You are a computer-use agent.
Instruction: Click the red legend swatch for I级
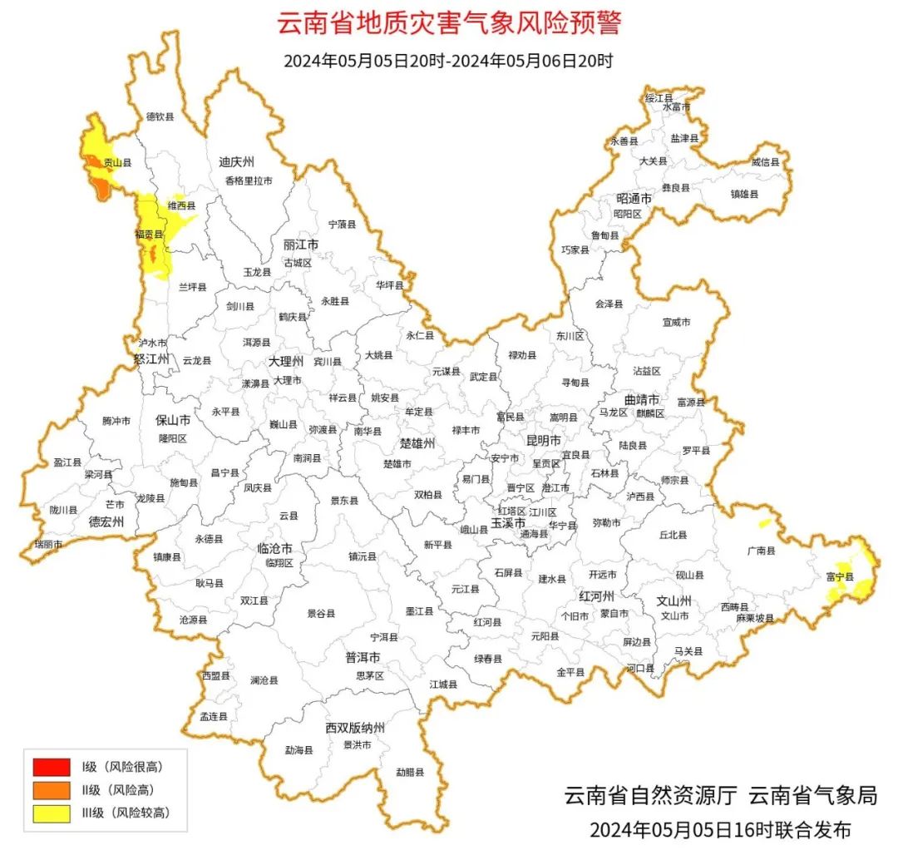coord(51,766)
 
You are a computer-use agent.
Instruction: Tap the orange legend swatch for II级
coord(51,790)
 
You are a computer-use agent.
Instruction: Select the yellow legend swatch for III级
coord(51,813)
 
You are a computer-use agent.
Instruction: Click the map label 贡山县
coord(117,164)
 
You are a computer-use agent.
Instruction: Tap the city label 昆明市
coord(543,440)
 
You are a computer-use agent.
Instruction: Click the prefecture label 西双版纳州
coord(356,728)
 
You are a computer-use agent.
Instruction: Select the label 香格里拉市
coord(248,180)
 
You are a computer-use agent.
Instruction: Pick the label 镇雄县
coord(745,193)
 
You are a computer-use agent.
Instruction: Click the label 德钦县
coord(160,117)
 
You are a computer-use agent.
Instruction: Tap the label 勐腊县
coord(409,773)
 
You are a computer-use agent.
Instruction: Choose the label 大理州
coord(286,362)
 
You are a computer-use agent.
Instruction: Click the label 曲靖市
coord(641,398)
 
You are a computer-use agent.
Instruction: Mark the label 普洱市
coord(363,657)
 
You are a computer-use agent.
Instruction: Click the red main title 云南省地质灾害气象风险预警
coord(448,23)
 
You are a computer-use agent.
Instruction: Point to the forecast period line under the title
coord(448,61)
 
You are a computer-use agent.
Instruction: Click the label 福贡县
coord(149,235)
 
